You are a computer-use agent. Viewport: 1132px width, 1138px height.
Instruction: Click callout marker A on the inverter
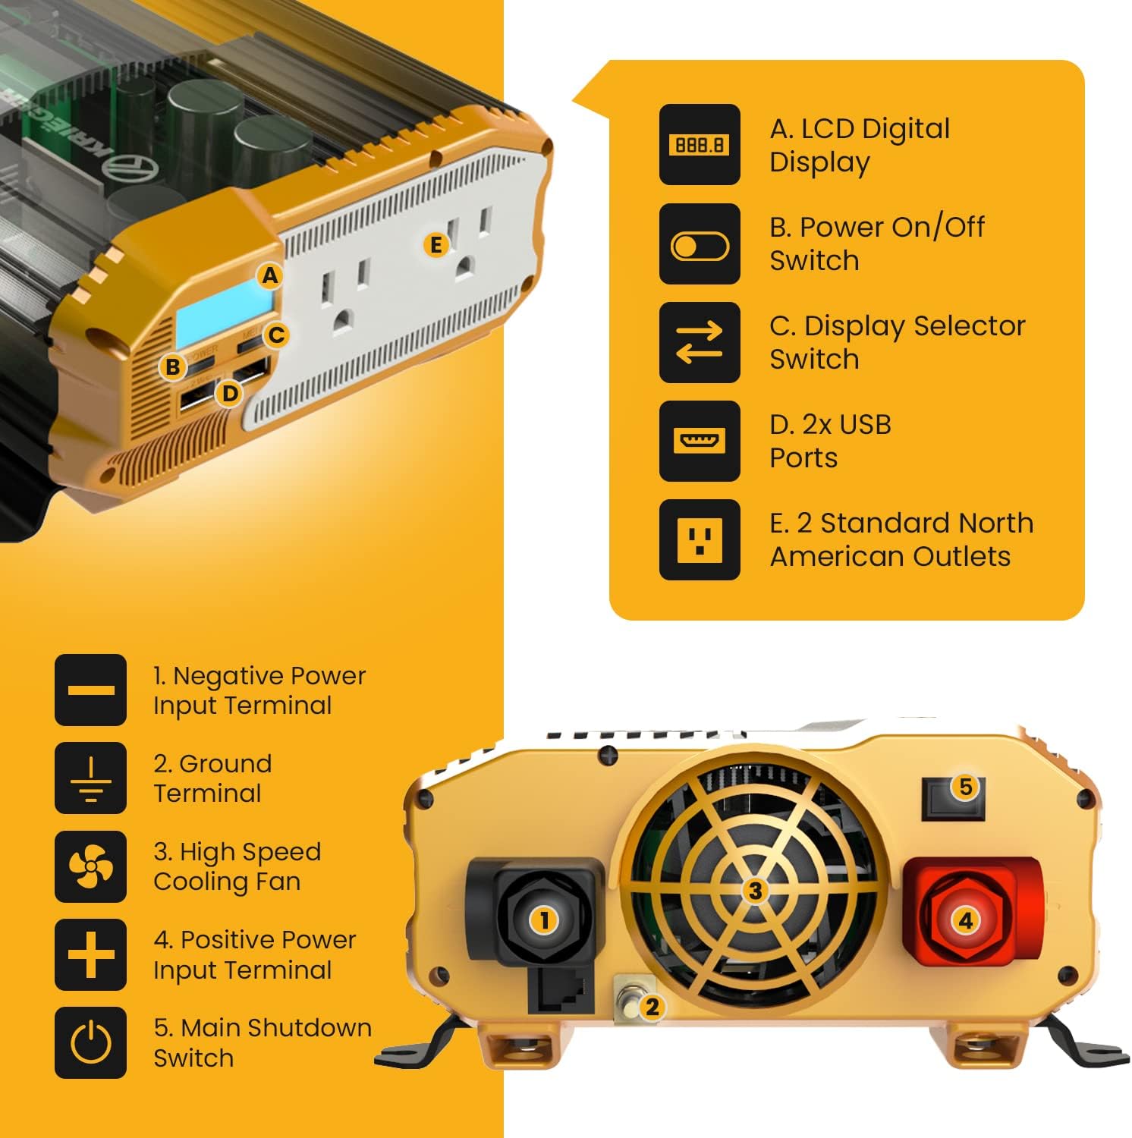[x=270, y=276]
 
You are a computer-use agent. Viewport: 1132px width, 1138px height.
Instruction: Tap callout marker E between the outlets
[x=436, y=245]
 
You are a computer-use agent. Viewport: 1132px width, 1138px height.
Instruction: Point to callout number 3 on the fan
[x=754, y=891]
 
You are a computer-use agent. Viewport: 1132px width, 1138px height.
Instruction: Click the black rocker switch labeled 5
[x=953, y=798]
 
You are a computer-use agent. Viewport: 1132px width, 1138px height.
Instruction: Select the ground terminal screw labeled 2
[x=628, y=1003]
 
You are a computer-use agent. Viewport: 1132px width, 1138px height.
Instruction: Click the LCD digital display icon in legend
[x=699, y=144]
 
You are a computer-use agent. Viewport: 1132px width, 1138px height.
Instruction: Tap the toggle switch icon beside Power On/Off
[x=699, y=244]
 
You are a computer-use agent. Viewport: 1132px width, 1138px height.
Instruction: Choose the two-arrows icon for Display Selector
[x=699, y=342]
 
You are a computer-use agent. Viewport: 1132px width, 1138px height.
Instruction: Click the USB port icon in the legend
[x=699, y=441]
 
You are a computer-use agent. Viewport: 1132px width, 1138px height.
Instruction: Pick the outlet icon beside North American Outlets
[x=699, y=539]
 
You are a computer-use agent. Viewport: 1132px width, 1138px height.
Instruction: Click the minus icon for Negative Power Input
[x=90, y=690]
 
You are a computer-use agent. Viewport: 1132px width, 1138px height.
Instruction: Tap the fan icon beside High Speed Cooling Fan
[x=90, y=866]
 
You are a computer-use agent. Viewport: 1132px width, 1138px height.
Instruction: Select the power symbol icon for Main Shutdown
[x=90, y=1042]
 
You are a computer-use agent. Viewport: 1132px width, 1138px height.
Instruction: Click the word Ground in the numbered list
[x=225, y=763]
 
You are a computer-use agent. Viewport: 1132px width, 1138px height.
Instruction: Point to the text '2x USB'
[x=830, y=425]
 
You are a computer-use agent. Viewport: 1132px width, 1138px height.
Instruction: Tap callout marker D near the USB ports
[x=229, y=393]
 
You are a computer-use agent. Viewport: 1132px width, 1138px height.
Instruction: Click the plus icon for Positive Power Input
[x=90, y=954]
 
